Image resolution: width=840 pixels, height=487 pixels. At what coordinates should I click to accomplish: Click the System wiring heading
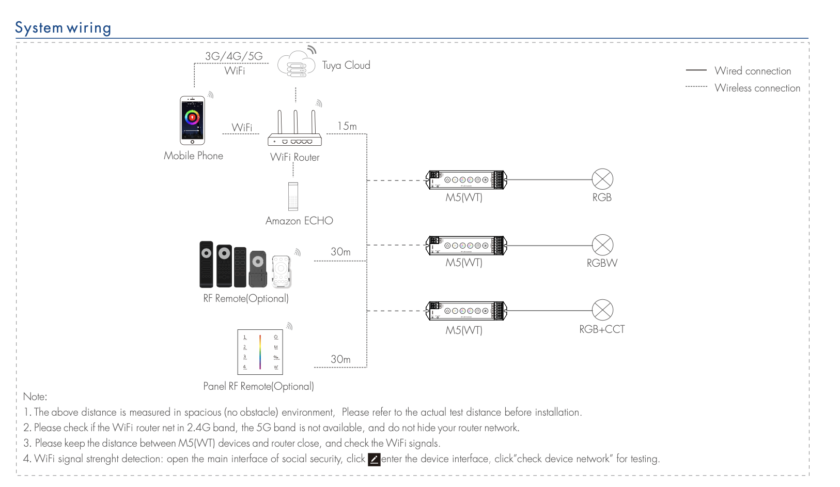point(63,28)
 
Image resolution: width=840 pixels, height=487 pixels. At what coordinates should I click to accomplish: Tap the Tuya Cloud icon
point(295,65)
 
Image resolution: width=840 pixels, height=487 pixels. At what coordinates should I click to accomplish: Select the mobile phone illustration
point(192,120)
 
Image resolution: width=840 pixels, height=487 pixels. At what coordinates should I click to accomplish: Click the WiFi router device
point(294,129)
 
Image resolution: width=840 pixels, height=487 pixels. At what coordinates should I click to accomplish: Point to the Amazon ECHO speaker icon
point(293,196)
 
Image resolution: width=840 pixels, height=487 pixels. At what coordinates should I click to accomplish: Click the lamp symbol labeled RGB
point(602,179)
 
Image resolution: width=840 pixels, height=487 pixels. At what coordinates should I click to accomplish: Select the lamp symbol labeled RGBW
point(602,245)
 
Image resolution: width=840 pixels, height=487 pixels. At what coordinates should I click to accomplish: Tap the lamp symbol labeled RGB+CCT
point(602,310)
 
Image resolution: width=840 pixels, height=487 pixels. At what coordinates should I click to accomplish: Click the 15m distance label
point(347,126)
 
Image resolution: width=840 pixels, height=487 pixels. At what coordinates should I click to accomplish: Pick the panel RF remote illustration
point(260,352)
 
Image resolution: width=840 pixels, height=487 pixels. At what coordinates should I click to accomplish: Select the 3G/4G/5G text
point(234,56)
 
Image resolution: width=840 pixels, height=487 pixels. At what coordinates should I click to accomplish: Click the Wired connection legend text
point(753,71)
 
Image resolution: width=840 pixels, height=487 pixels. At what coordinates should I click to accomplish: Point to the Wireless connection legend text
point(757,88)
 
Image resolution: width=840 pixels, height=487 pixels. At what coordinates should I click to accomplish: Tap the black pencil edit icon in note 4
point(374,459)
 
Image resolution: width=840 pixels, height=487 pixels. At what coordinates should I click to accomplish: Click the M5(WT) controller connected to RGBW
point(466,246)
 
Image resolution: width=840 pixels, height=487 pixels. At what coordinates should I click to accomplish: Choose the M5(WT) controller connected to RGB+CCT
point(466,311)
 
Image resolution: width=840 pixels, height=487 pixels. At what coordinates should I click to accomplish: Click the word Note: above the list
point(35,397)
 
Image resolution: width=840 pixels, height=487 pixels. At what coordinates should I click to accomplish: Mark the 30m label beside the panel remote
point(340,359)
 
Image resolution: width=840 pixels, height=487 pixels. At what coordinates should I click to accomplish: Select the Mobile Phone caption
point(193,156)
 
